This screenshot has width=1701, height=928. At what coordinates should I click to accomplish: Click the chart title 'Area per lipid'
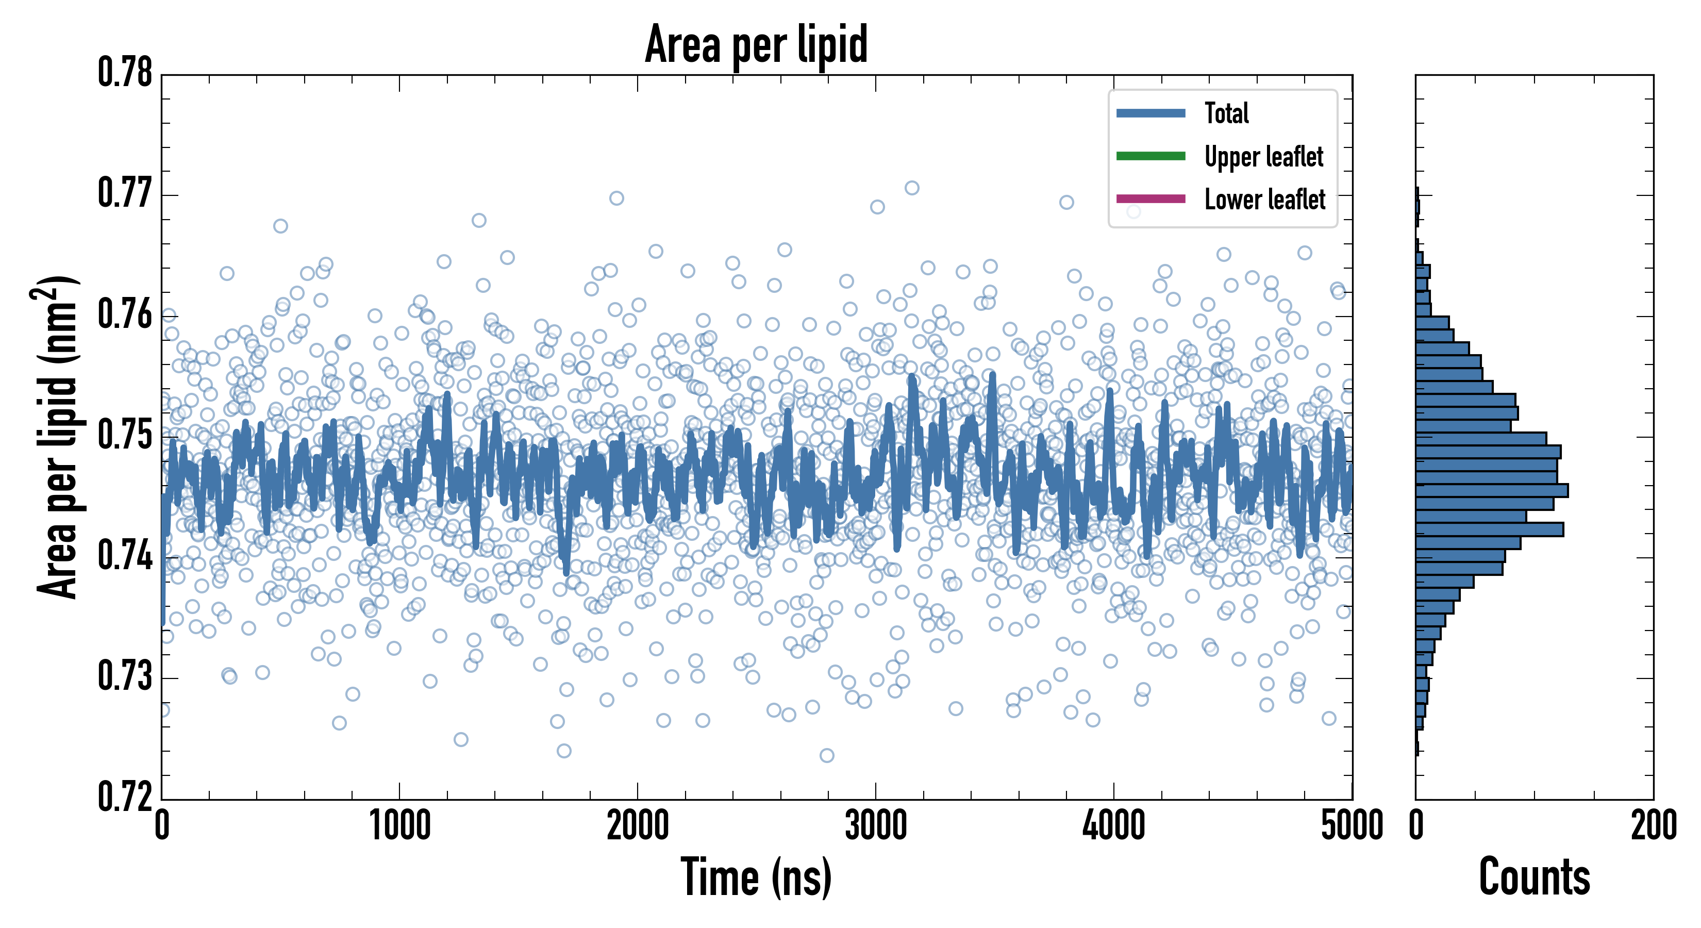click(756, 44)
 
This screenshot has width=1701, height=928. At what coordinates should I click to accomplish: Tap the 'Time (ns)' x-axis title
click(756, 876)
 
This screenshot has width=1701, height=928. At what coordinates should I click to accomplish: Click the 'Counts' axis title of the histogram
click(1534, 876)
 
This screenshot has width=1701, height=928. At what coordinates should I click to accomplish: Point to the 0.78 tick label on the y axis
click(125, 73)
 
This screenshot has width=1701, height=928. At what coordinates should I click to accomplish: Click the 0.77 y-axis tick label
click(125, 193)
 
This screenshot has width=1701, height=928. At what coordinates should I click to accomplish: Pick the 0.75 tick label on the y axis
click(125, 435)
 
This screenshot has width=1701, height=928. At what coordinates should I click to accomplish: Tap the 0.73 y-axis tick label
click(125, 676)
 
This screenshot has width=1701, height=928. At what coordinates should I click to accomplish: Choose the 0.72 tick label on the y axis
click(125, 797)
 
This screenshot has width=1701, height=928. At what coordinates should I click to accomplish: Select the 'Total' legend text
click(1226, 113)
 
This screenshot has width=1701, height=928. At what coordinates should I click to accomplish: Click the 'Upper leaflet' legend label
click(1264, 157)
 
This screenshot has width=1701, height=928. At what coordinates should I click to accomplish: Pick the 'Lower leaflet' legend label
click(1264, 199)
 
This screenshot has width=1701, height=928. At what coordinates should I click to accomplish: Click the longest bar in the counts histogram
click(1492, 491)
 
